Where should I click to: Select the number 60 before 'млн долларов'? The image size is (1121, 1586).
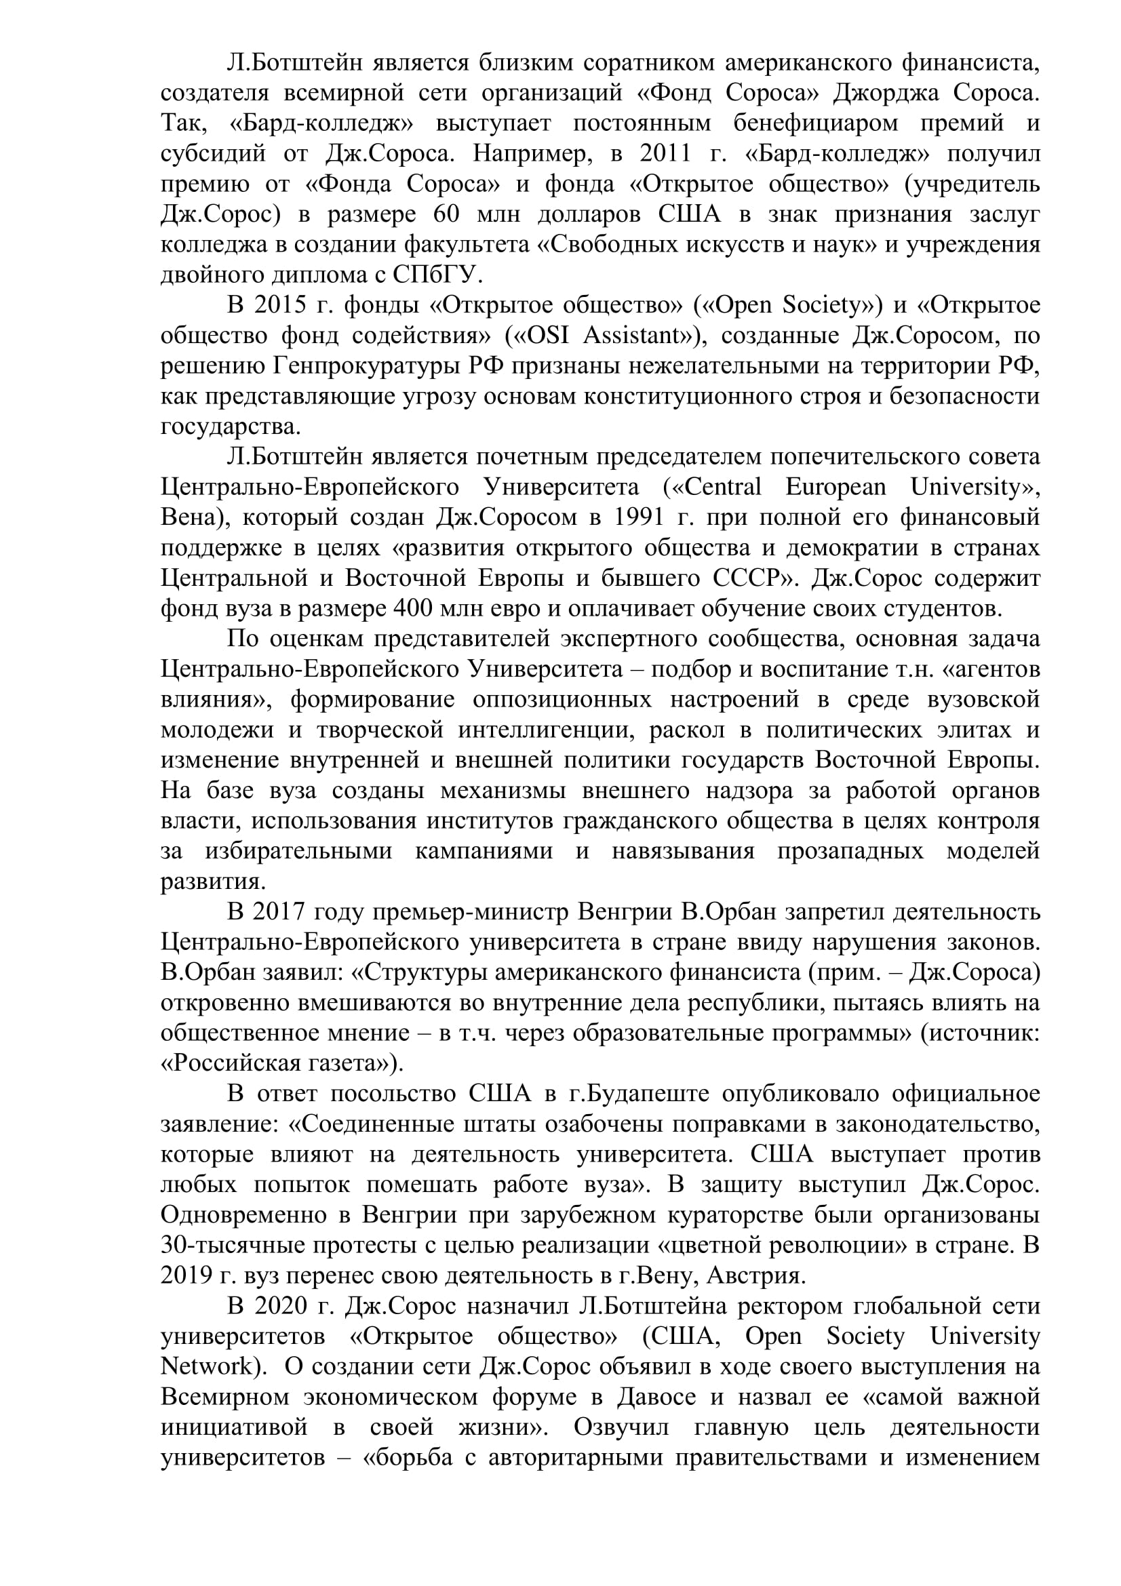[446, 214]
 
